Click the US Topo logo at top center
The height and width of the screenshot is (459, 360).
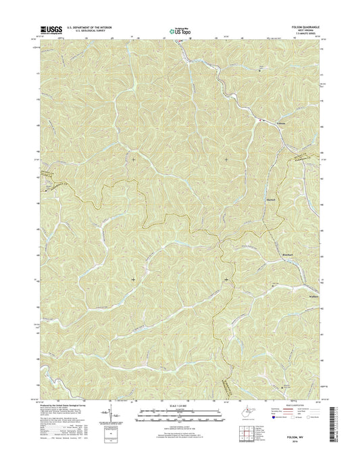click(178, 30)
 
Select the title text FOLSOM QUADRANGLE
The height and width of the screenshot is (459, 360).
click(307, 27)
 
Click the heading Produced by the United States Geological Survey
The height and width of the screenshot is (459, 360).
click(66, 401)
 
